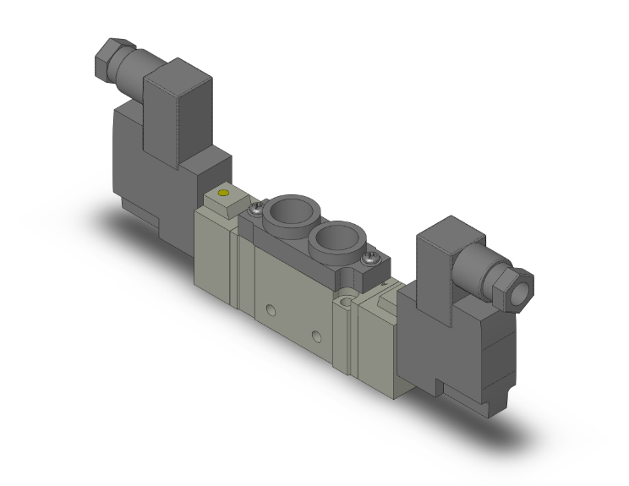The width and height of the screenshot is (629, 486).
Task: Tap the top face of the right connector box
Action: [448, 228]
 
